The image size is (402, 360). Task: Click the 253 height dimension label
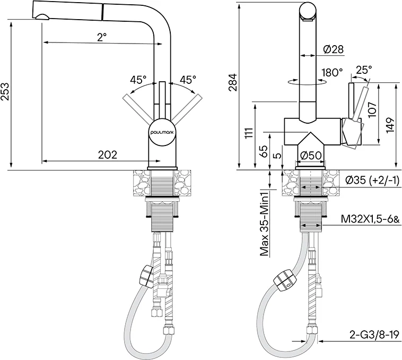pyautogui.click(x=5, y=91)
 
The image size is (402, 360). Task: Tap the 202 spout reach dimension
pyautogui.click(x=108, y=155)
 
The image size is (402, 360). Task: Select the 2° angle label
pyautogui.click(x=102, y=37)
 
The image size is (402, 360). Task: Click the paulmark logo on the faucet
pyautogui.click(x=162, y=132)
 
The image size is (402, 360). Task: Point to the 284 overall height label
pyautogui.click(x=233, y=83)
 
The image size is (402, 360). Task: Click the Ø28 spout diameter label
pyautogui.click(x=333, y=49)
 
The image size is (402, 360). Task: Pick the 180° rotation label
pyautogui.click(x=333, y=73)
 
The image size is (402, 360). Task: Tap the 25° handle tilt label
pyautogui.click(x=364, y=69)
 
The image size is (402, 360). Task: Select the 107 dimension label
pyautogui.click(x=372, y=109)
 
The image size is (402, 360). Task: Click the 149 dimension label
pyautogui.click(x=390, y=125)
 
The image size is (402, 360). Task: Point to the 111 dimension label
pyautogui.click(x=249, y=133)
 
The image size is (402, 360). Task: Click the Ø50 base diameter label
pyautogui.click(x=311, y=155)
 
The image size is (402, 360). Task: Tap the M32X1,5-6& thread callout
pyautogui.click(x=370, y=219)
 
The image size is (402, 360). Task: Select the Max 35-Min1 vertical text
pyautogui.click(x=265, y=222)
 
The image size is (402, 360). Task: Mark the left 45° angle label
pyautogui.click(x=138, y=80)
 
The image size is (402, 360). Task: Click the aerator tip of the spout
pyautogui.click(x=41, y=16)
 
